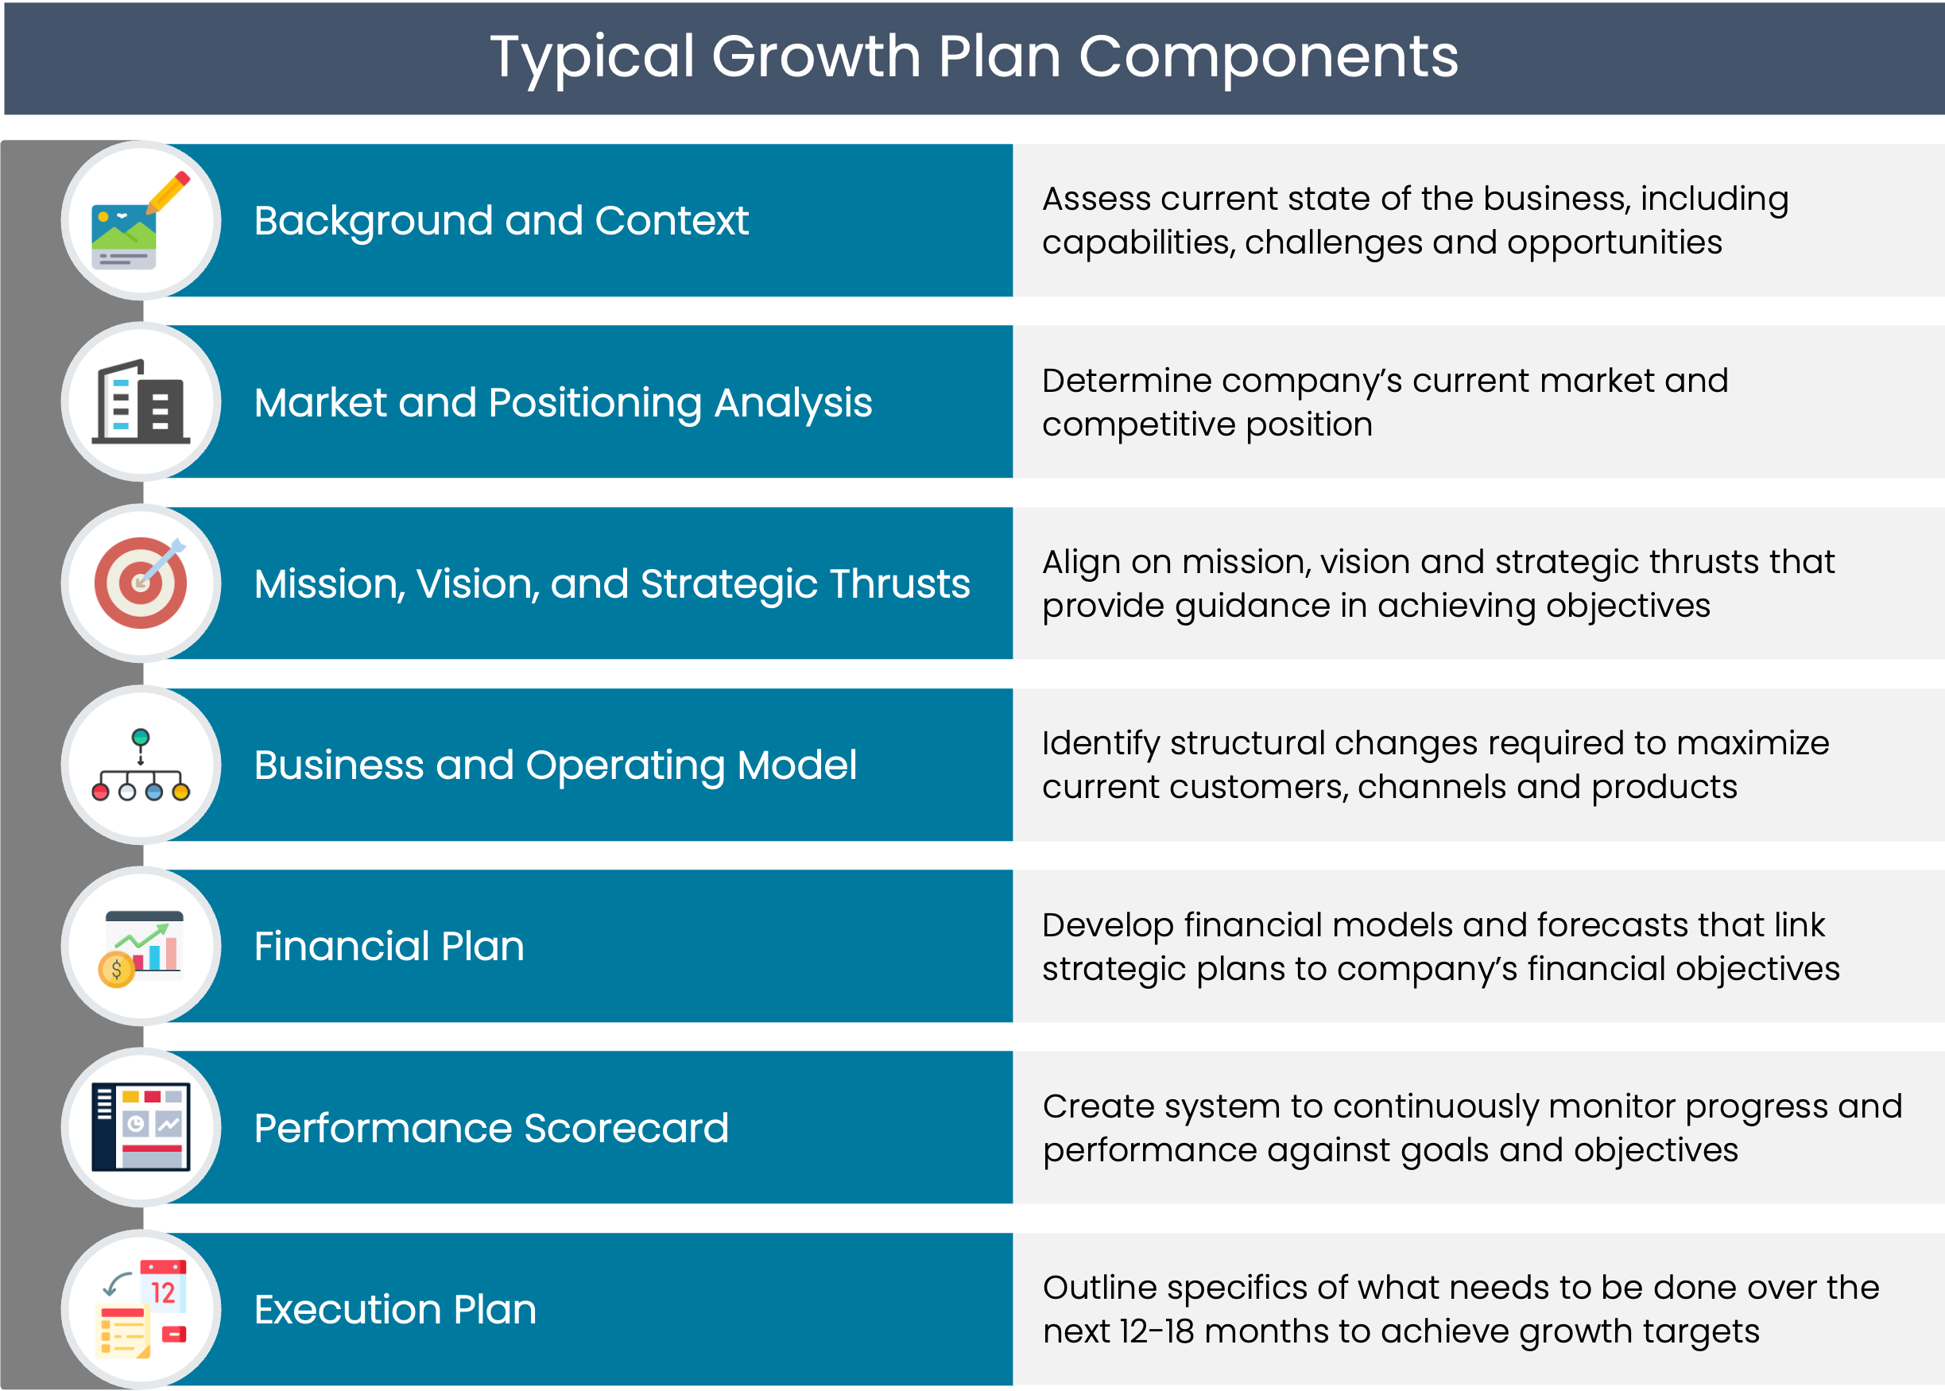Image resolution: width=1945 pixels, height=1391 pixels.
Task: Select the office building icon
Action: pos(141,401)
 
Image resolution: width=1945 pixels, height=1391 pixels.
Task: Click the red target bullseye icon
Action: pos(141,583)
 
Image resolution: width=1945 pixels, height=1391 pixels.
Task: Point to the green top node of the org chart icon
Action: pos(141,738)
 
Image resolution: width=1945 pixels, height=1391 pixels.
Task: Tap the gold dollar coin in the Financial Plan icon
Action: pos(117,970)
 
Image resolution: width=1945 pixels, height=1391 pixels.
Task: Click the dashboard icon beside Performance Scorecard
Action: pos(141,1127)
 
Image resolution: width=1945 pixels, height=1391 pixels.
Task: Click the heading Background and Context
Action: pos(501,221)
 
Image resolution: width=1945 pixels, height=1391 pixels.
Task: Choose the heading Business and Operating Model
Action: pos(555,765)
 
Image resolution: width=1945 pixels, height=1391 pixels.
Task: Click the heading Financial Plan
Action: pos(389,947)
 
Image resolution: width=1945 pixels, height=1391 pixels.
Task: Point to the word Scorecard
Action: pos(626,1128)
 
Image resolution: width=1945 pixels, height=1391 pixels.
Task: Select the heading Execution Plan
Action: pos(395,1310)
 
